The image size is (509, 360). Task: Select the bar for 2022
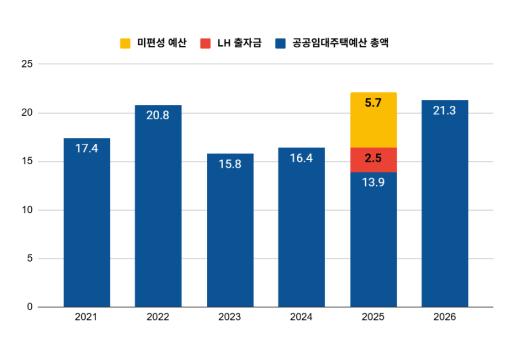pyautogui.click(x=158, y=214)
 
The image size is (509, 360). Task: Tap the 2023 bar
pyautogui.click(x=230, y=236)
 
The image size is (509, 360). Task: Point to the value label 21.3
pyautogui.click(x=444, y=110)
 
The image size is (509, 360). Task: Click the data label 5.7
pyautogui.click(x=373, y=103)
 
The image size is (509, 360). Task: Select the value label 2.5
pyautogui.click(x=373, y=159)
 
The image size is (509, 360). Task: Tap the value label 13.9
pyautogui.click(x=373, y=182)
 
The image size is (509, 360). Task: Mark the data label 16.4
pyautogui.click(x=301, y=158)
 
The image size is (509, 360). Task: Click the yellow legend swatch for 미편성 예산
pyautogui.click(x=125, y=43)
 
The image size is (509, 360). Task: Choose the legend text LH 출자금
pyautogui.click(x=239, y=43)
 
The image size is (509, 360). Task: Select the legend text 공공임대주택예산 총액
pyautogui.click(x=341, y=43)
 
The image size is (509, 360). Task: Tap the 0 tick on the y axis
pyautogui.click(x=30, y=307)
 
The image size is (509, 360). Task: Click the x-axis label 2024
pyautogui.click(x=301, y=317)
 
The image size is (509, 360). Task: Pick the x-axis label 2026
pyautogui.click(x=444, y=317)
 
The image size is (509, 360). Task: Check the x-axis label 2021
pyautogui.click(x=87, y=317)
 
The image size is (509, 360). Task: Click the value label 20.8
pyautogui.click(x=158, y=115)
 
